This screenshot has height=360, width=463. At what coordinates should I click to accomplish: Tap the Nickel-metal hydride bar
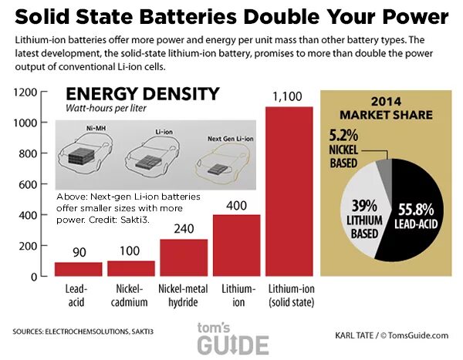[x=184, y=257]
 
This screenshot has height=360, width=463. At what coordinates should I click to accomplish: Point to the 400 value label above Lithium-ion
[x=237, y=204]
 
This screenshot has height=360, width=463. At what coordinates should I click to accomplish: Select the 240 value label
[x=184, y=229]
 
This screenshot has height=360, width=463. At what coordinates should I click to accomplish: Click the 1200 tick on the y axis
[x=25, y=92]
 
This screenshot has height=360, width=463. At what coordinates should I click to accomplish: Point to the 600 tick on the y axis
[x=29, y=184]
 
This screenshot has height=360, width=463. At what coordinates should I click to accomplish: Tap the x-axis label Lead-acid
[x=78, y=294]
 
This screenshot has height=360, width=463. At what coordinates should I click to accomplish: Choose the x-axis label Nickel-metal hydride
[x=184, y=294]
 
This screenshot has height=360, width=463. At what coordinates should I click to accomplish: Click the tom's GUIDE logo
[x=231, y=337]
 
